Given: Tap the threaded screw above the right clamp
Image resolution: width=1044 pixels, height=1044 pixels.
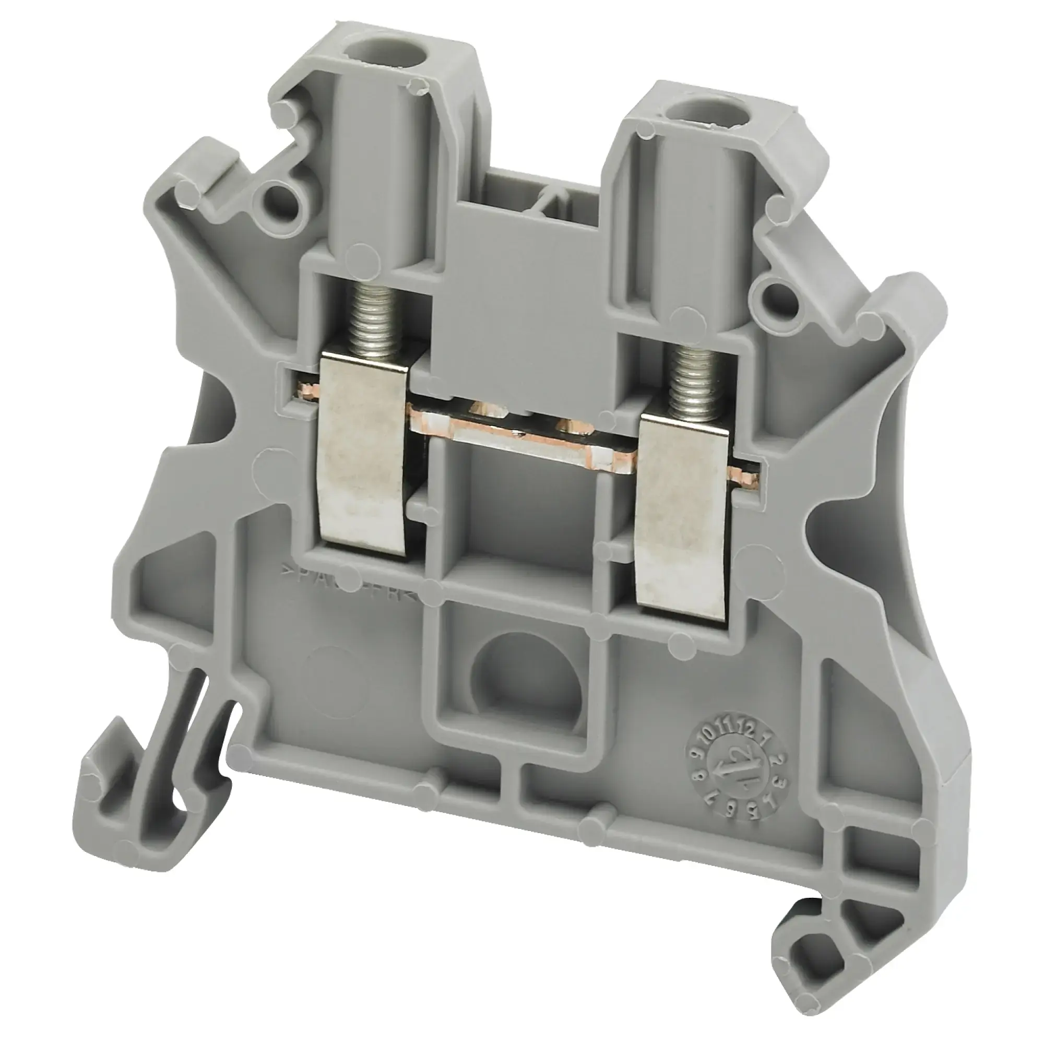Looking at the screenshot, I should [690, 378].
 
